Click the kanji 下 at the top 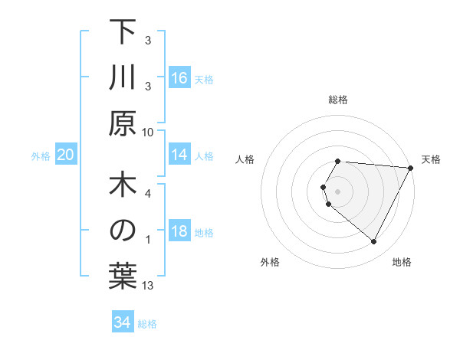coord(123,33)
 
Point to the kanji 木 coord(123,187)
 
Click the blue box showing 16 coord(179,77)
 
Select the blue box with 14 coord(179,155)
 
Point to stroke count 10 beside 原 coord(148,132)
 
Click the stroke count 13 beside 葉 coord(148,286)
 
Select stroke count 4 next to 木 coord(148,194)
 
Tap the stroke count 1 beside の coord(148,240)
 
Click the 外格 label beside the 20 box coord(41,156)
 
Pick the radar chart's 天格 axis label coord(431,159)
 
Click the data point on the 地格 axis coord(374,242)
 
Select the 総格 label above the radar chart coord(338,100)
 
